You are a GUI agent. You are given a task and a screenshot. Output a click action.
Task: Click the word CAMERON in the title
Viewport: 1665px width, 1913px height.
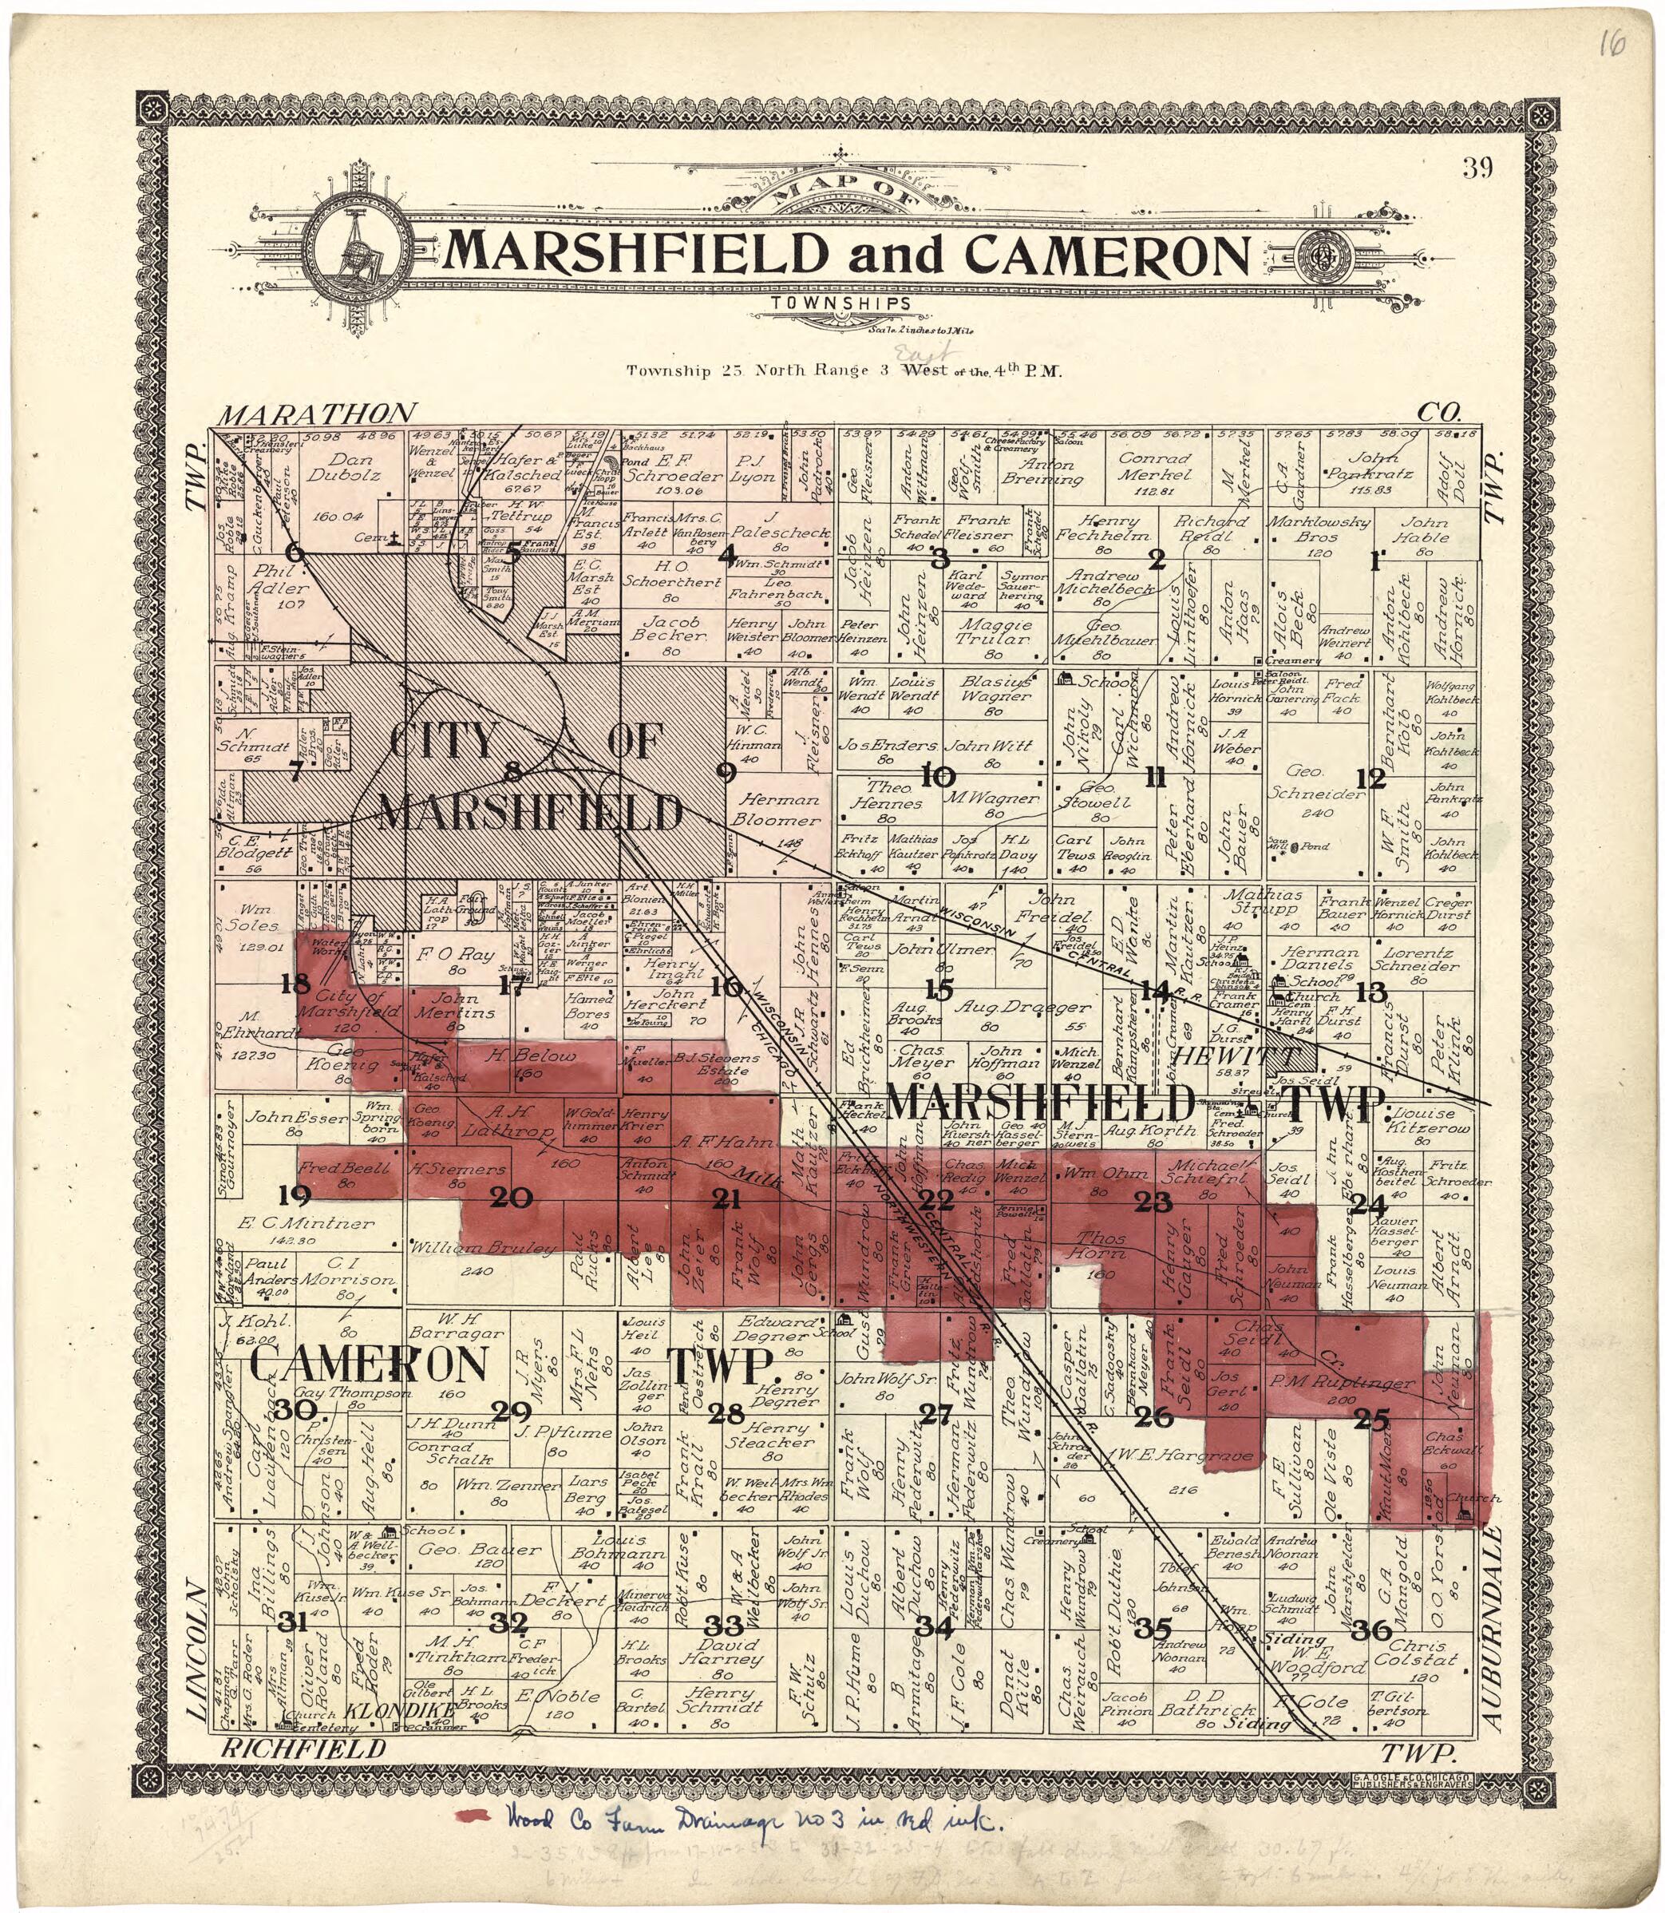pyautogui.click(x=1105, y=255)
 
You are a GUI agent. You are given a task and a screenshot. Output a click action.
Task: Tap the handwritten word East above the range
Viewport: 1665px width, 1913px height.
pyautogui.click(x=916, y=353)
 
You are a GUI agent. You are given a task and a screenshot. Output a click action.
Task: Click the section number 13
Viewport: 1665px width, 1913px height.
pyautogui.click(x=1370, y=992)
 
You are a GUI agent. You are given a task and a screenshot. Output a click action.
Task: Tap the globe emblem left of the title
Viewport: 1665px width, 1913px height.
pyautogui.click(x=357, y=251)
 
